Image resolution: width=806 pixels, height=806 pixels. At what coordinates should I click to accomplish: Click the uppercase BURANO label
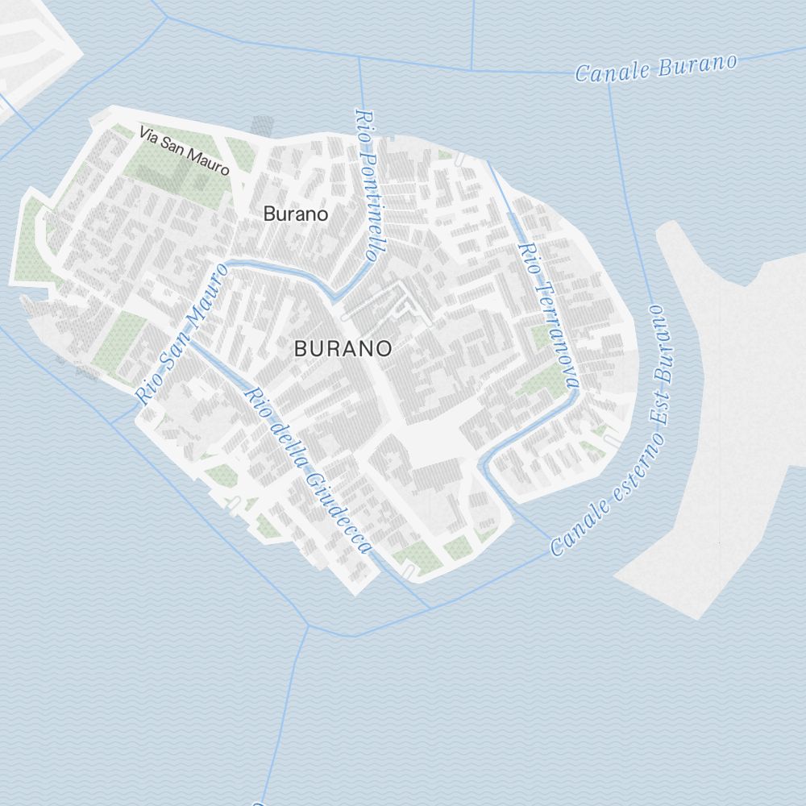(343, 349)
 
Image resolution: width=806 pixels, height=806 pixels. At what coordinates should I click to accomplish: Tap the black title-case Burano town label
(296, 214)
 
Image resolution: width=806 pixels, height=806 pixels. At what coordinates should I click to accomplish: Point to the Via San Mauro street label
(184, 151)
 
